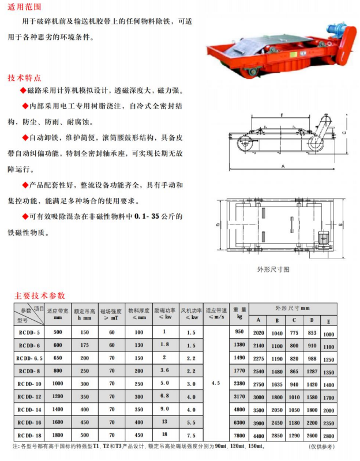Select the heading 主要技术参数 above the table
click(40, 295)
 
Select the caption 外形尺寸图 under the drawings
click(273, 269)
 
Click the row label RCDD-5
click(29, 332)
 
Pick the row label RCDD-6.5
click(29, 358)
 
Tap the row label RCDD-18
click(29, 435)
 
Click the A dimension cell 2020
click(258, 333)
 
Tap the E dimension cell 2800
click(329, 437)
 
